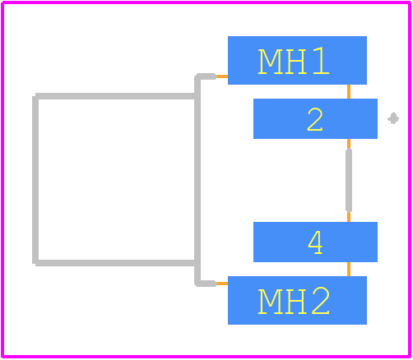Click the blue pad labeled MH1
[297, 60]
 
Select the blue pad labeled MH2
[297, 300]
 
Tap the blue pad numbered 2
[315, 118]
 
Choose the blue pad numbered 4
[315, 242]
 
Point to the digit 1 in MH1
[321, 61]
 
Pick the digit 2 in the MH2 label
[321, 301]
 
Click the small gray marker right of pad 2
[393, 118]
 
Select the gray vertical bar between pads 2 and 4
[349, 180]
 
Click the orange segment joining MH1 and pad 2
[349, 91]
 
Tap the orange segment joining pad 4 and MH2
[349, 269]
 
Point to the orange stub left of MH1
[222, 76]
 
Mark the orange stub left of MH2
[222, 284]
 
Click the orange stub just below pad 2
[349, 144]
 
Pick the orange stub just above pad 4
[349, 217]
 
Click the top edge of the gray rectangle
[115, 96]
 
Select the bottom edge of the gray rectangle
[115, 263]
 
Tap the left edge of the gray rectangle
[35, 180]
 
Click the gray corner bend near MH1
[198, 77]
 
